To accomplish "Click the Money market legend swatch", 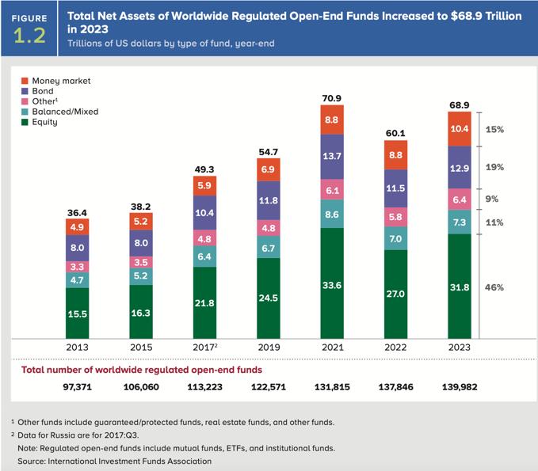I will click(25, 81).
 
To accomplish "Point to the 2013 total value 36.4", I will click(77, 211).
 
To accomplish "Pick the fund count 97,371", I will click(77, 387).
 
